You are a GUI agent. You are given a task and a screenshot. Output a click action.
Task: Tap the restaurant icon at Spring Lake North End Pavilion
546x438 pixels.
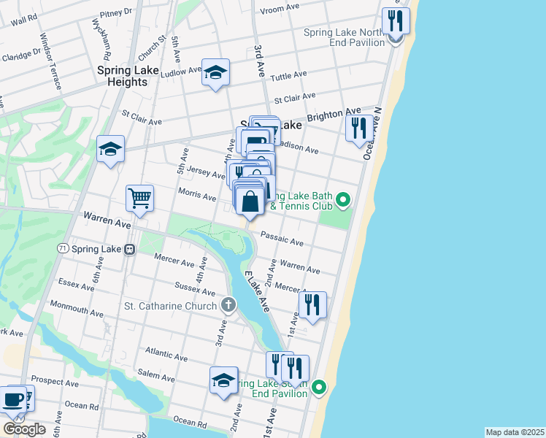point(396,21)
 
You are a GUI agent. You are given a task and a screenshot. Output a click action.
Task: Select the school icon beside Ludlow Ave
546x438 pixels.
point(215,72)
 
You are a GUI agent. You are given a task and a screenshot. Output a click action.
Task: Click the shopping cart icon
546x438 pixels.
point(139,197)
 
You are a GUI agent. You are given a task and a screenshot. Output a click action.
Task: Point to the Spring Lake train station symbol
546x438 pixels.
point(130,249)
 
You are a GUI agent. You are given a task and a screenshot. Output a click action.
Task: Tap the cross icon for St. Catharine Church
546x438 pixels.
point(228,304)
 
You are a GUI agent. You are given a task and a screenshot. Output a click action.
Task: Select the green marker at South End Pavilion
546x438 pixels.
point(319,386)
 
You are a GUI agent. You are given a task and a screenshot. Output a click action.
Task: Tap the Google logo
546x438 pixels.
point(23,429)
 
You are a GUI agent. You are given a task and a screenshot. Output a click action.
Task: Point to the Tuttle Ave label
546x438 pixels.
point(291,76)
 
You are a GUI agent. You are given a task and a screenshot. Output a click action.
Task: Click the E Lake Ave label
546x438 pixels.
point(257,292)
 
